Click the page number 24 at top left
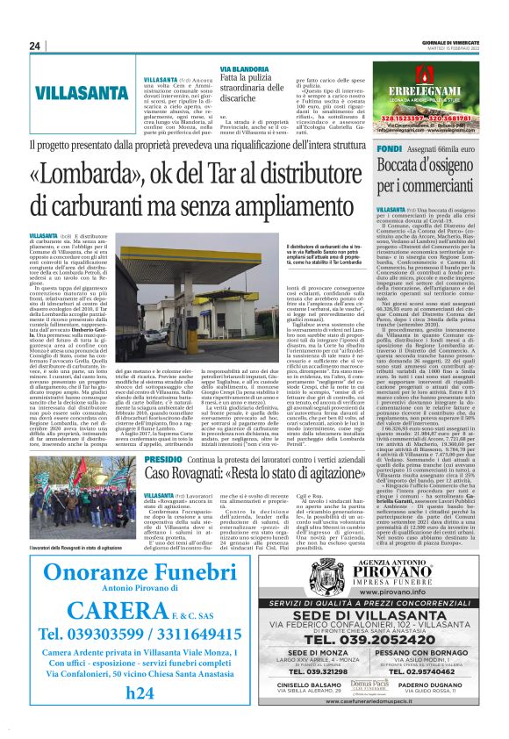click(x=35, y=46)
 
